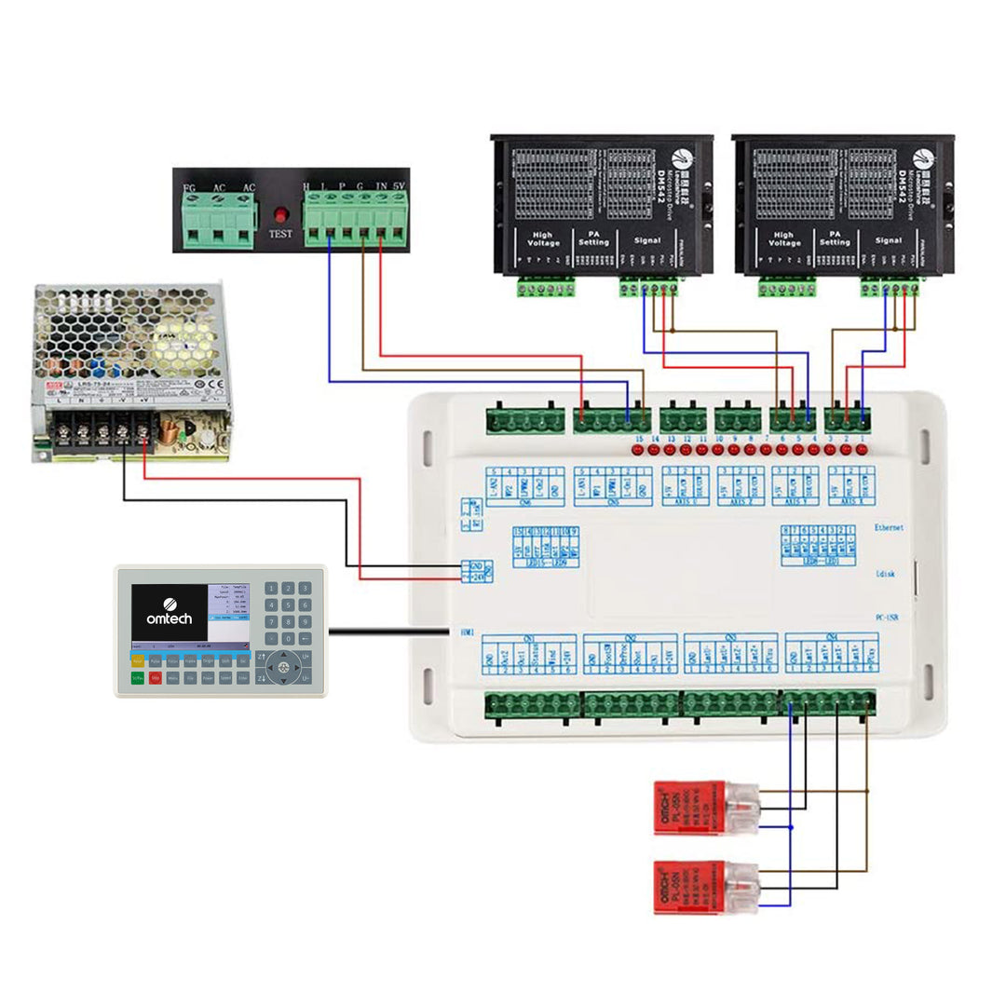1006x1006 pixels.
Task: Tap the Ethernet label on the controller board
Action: click(x=889, y=527)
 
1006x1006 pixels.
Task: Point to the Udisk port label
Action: click(x=886, y=575)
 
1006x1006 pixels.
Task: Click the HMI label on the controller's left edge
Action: click(x=467, y=632)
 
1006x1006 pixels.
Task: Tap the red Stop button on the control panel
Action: click(x=156, y=678)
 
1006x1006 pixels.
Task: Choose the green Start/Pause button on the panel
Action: click(x=138, y=678)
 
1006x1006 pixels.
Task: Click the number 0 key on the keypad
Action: click(x=287, y=639)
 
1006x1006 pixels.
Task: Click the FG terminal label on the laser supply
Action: click(x=190, y=188)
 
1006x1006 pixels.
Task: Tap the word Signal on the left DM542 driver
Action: click(x=646, y=240)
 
